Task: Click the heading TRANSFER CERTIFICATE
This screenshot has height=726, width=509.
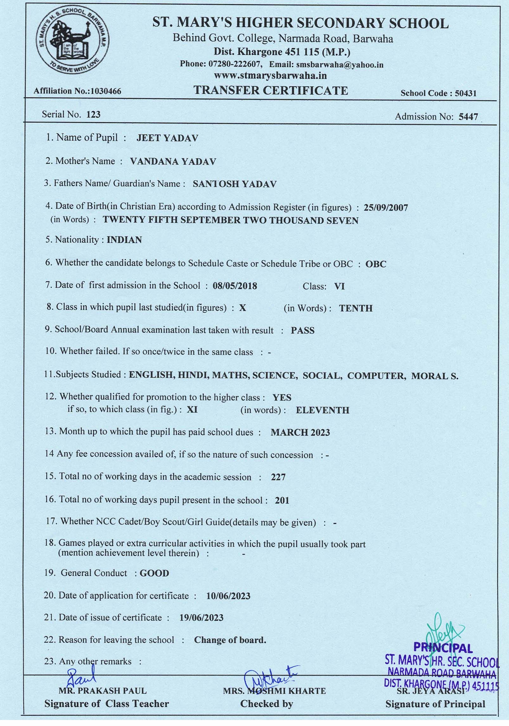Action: pyautogui.click(x=271, y=91)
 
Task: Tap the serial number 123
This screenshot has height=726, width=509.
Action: pyautogui.click(x=93, y=114)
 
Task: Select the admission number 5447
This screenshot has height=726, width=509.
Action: pyautogui.click(x=468, y=117)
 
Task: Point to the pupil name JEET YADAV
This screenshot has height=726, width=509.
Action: pyautogui.click(x=167, y=138)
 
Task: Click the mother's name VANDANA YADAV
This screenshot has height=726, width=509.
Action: pyautogui.click(x=173, y=162)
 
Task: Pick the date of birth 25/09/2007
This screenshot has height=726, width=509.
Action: pyautogui.click(x=386, y=208)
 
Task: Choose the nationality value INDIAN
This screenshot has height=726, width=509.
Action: pyautogui.click(x=124, y=240)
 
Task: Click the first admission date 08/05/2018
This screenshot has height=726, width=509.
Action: pyautogui.click(x=235, y=286)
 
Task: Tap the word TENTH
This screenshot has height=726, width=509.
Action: pyautogui.click(x=356, y=308)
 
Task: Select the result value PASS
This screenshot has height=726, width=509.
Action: pyautogui.click(x=303, y=331)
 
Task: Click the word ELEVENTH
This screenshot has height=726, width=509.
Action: pyautogui.click(x=322, y=410)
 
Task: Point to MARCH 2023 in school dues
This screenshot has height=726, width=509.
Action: pyautogui.click(x=300, y=433)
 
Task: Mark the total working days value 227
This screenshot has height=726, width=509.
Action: pyautogui.click(x=278, y=477)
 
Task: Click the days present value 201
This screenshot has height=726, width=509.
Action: pyautogui.click(x=282, y=501)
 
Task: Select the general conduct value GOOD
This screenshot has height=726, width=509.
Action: pyautogui.click(x=154, y=573)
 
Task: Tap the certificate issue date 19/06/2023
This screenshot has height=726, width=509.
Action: pyautogui.click(x=201, y=618)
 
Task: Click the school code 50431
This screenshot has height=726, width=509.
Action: pyautogui.click(x=466, y=93)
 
